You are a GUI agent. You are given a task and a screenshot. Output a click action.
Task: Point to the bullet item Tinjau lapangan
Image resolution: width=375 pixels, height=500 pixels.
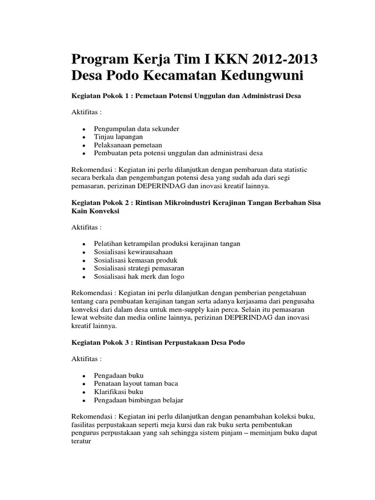(118, 137)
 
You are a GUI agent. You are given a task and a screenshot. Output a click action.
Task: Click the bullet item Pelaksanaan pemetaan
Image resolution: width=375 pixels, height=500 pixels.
(128, 145)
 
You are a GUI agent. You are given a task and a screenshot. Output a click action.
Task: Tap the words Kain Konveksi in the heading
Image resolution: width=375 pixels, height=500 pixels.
(95, 211)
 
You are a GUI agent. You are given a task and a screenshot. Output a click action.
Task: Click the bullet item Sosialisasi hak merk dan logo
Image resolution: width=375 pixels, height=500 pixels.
(139, 276)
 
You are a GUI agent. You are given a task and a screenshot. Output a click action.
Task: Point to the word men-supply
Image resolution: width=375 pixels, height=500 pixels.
(182, 309)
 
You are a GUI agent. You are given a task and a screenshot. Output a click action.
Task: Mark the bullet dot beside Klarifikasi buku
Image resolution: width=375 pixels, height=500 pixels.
(84, 392)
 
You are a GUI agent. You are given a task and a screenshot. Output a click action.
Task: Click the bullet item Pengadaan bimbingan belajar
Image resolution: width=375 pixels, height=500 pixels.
(139, 400)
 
